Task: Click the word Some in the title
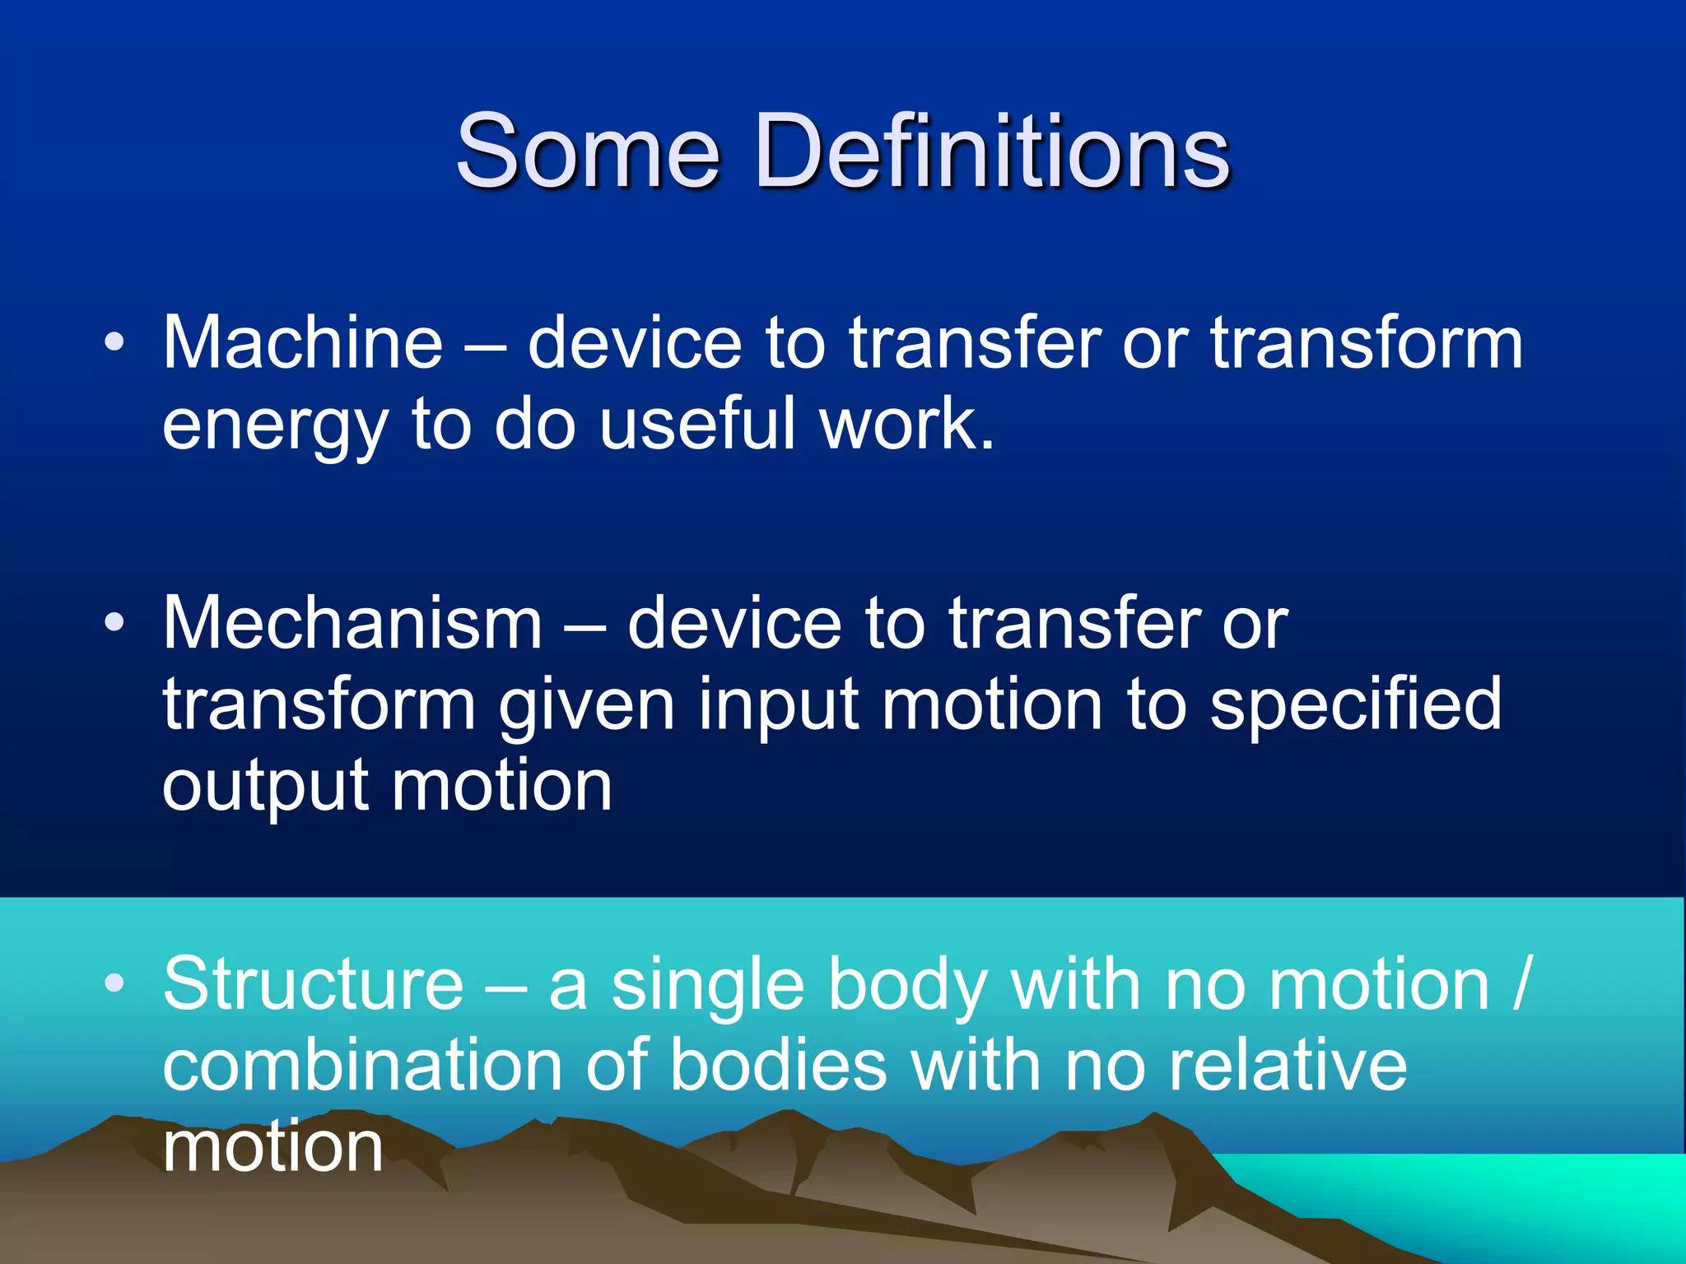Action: tap(588, 151)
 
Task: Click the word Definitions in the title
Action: tap(991, 151)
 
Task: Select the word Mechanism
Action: tap(352, 623)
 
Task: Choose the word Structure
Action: tap(314, 984)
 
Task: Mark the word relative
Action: tap(1288, 1065)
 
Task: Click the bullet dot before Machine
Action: tap(115, 342)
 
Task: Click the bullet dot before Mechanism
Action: tap(115, 623)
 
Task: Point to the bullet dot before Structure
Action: tap(115, 983)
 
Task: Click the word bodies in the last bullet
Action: tap(779, 1065)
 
